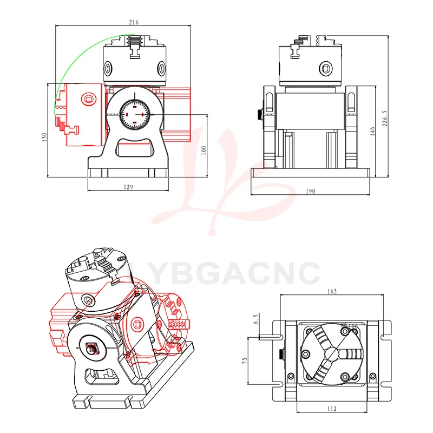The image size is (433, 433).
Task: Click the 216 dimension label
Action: (x=134, y=23)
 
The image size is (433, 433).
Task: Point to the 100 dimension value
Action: (x=204, y=150)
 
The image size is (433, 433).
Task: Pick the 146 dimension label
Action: (x=372, y=132)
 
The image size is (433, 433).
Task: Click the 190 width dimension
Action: (x=311, y=191)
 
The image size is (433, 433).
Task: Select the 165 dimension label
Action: (x=332, y=291)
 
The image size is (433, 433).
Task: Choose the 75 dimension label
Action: (x=245, y=360)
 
